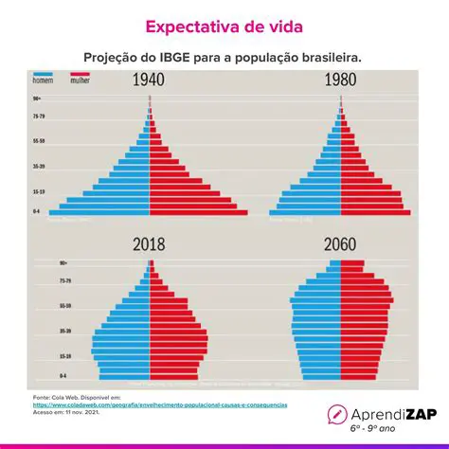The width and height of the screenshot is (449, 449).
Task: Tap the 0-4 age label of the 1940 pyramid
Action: coord(37,211)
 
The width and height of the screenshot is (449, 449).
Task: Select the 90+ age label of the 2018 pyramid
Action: coord(38,263)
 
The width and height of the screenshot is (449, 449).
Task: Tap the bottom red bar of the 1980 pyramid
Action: coord(375,211)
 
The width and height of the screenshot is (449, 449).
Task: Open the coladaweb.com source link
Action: coord(160,404)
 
